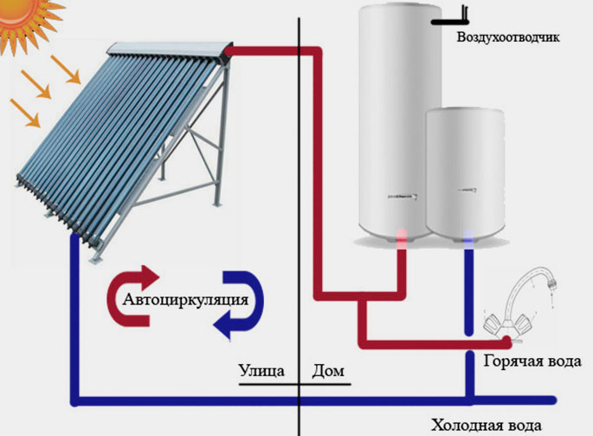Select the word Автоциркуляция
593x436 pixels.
tap(186, 300)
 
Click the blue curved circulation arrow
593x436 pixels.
tap(242, 304)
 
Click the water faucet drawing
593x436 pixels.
tap(519, 303)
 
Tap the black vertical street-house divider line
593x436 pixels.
tap(298, 217)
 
